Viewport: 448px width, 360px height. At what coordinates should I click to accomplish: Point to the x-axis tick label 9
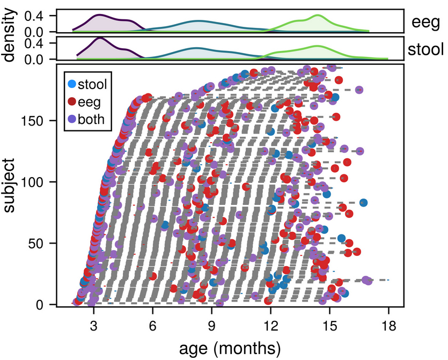[x=212, y=325]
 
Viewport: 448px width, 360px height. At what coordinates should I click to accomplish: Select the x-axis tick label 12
[x=271, y=325]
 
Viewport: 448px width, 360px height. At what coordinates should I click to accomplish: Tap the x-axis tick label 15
[x=329, y=325]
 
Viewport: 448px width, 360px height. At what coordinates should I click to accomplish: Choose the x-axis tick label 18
[x=388, y=325]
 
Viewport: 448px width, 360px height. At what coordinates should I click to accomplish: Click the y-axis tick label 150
[x=39, y=121]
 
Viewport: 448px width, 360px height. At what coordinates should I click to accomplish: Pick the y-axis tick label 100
[x=39, y=182]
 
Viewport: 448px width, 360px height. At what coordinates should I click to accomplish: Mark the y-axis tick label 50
[x=42, y=243]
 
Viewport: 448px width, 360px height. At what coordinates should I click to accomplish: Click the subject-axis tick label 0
[x=46, y=304]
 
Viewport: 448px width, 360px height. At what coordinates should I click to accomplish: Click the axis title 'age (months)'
[x=223, y=348]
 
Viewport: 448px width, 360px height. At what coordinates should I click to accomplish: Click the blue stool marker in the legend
[x=71, y=83]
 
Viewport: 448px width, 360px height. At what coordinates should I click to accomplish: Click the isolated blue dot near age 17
[x=364, y=202]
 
